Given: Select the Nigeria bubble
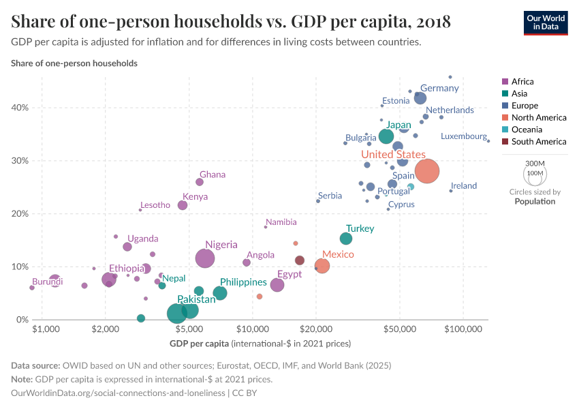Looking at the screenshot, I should point(205,258).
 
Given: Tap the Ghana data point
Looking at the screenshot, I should point(200,182).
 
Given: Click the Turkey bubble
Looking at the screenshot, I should point(346,239).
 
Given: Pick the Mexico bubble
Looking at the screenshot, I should point(322,266).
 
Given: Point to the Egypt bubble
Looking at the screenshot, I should point(277,285).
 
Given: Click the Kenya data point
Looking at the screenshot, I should point(183,205).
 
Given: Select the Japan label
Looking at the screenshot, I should point(398,125).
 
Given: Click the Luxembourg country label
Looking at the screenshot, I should point(464,136).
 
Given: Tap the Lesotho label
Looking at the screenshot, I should point(155,205).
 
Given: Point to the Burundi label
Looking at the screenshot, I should point(47,282).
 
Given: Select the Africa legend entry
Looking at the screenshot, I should point(522,82).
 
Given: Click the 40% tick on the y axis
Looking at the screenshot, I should point(20,108).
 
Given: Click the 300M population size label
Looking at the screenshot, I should point(535,164).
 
